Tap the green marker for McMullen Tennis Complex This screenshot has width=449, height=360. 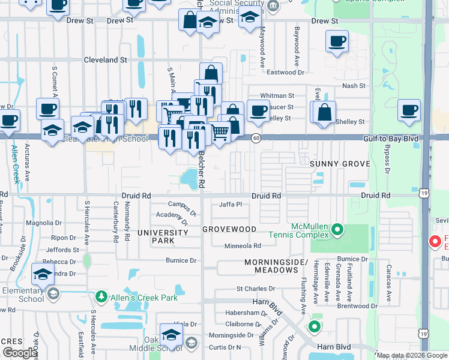(337, 229)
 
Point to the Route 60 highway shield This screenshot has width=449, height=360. (256, 138)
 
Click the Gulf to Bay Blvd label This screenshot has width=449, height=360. (390, 138)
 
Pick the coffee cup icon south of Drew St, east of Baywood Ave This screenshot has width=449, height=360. (337, 42)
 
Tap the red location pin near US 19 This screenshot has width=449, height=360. (435, 242)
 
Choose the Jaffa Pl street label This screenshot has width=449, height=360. (230, 204)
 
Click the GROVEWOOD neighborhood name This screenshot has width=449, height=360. (229, 229)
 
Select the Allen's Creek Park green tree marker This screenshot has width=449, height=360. (101, 297)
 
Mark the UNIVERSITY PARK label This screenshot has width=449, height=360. (163, 236)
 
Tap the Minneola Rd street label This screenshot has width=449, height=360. (243, 245)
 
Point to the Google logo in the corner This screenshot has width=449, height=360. (20, 353)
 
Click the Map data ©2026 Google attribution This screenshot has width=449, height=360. (412, 355)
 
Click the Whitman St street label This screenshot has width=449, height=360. (276, 95)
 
